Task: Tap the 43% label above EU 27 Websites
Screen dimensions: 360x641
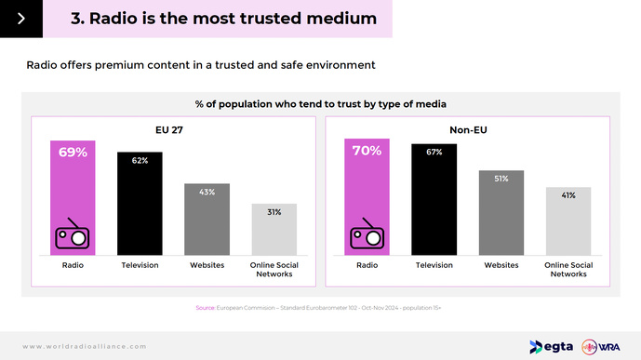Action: coord(207,192)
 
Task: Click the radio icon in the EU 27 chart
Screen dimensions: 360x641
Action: coord(73,234)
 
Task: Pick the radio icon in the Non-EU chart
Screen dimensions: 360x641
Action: coord(367,234)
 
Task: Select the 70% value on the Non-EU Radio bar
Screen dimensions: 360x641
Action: coord(367,151)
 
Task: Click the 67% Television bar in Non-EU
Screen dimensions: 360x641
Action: coord(434,199)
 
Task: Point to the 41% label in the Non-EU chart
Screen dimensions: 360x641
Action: coord(568,195)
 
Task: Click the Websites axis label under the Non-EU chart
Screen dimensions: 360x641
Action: coord(501,265)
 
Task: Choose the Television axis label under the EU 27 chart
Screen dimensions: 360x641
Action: coord(140,265)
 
